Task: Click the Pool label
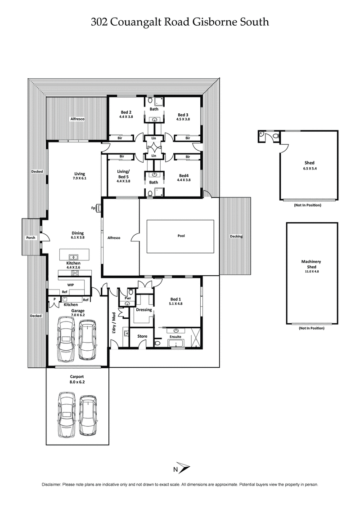(181, 235)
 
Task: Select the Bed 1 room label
(176, 299)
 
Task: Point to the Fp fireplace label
(94, 208)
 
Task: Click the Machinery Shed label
(311, 264)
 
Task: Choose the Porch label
(31, 237)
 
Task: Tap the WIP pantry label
(71, 285)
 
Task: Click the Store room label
(142, 335)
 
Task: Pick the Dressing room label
(144, 309)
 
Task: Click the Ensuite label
(175, 336)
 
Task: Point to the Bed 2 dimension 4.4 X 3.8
(126, 117)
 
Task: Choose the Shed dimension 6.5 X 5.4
(309, 168)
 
